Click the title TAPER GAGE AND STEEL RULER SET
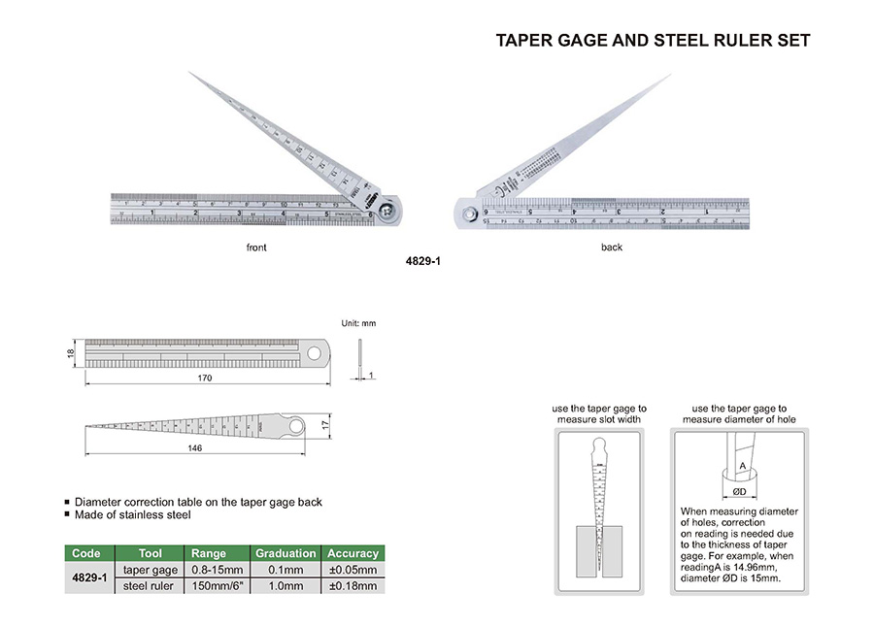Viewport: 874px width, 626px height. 653,41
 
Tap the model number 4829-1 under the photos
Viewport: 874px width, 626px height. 424,260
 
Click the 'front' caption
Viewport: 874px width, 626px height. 256,247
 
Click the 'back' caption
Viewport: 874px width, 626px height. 612,247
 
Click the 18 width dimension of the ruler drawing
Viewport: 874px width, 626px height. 71,354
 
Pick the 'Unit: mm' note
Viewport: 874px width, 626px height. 358,322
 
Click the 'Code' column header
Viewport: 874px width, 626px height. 86,553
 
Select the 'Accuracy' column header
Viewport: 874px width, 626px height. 353,553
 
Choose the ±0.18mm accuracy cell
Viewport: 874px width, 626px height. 353,586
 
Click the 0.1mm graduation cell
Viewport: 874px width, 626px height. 286,570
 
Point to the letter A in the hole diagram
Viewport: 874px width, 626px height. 742,467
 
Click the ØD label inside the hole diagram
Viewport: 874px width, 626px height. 741,490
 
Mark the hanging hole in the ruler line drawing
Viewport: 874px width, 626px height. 317,352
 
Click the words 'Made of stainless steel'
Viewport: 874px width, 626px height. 132,515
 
